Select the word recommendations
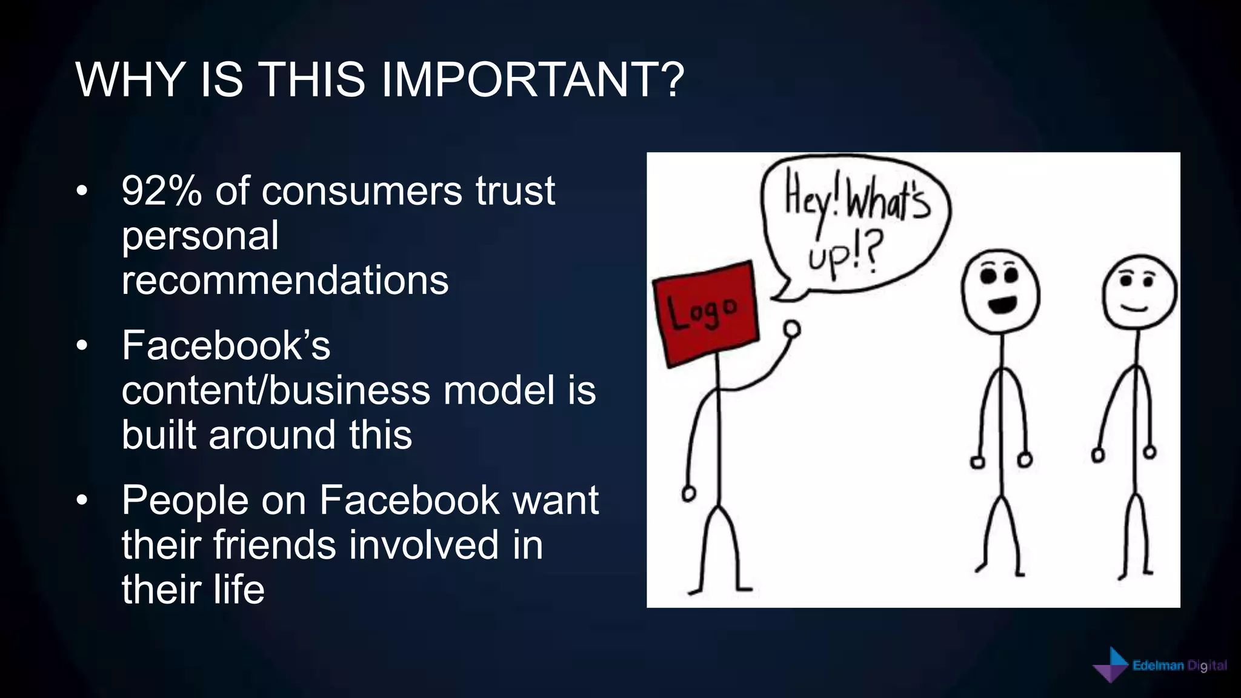tap(285, 280)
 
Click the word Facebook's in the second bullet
tap(226, 346)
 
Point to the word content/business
tap(276, 390)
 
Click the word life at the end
tap(239, 590)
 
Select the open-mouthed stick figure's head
tap(1000, 291)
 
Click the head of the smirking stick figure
tap(1139, 293)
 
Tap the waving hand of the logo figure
tap(791, 329)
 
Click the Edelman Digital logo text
tap(1179, 666)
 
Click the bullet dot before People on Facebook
tap(82, 500)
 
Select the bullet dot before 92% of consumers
tap(82, 191)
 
